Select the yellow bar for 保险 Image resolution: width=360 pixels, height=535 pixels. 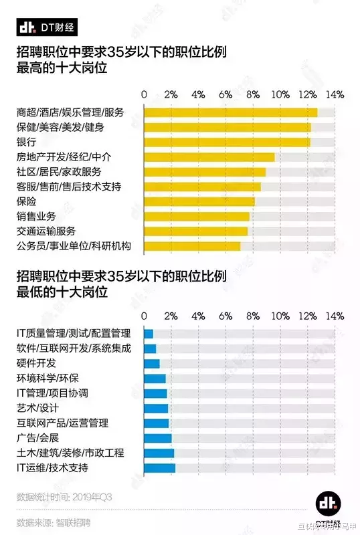coord(199,201)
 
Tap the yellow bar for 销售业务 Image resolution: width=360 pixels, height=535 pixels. coord(197,217)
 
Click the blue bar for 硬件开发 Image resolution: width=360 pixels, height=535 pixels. coord(152,363)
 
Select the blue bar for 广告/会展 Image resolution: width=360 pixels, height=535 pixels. coord(158,438)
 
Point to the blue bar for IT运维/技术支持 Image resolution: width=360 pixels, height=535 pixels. coord(160,468)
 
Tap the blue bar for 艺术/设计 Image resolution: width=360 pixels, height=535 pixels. coord(156,408)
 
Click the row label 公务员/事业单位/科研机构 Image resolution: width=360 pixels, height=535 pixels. coord(73,246)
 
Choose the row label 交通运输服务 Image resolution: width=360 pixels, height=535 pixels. coord(46,231)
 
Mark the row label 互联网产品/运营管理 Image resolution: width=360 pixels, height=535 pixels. coord(62,423)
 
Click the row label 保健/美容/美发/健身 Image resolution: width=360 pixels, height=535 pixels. coord(60,127)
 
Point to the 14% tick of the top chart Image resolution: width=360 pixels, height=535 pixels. coord(335,94)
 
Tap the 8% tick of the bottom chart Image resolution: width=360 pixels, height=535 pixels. coord(253,316)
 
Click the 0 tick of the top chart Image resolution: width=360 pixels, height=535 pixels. coord(144,94)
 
